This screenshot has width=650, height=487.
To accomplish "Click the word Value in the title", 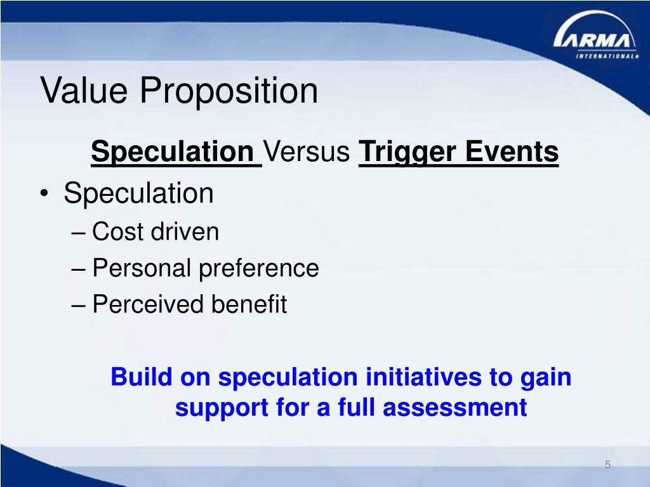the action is (84, 90).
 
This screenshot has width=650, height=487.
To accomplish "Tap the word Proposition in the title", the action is (229, 91).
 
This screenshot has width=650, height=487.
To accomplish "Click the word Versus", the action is (307, 152).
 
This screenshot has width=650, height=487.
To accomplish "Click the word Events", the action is (512, 151).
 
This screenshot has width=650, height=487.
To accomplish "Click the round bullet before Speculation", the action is (44, 193).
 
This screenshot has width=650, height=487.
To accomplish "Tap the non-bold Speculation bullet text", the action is (138, 194).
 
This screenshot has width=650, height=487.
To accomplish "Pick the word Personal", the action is (142, 268).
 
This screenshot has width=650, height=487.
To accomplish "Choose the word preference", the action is (259, 269).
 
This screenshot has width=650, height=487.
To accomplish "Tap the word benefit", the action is (249, 304).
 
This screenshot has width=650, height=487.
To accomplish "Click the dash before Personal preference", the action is (78, 269).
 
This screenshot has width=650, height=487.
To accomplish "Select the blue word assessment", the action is (454, 407).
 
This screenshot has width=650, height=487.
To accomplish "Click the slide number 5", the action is (607, 465).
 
